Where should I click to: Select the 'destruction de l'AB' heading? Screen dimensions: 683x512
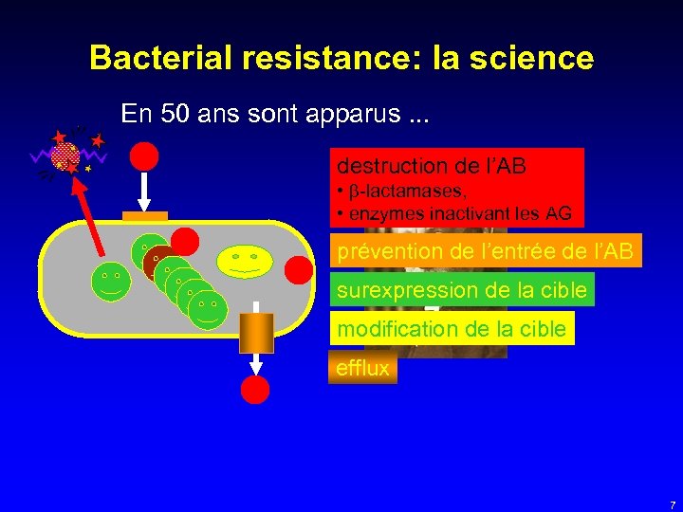coord(431,166)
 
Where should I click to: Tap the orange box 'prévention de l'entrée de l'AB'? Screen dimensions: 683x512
coord(485,251)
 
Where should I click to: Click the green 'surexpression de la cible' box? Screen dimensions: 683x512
coord(461,289)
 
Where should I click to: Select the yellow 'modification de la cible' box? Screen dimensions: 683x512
coord(451,329)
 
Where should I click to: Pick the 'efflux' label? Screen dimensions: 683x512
coord(362,368)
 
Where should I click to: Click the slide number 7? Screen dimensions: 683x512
coord(672,504)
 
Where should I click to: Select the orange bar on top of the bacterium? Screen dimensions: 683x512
coord(145,216)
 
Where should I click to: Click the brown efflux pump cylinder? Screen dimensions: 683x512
coord(256,334)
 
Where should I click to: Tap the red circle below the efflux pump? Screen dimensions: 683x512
coord(255,390)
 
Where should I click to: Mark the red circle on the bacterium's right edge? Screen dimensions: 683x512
coord(299,271)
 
